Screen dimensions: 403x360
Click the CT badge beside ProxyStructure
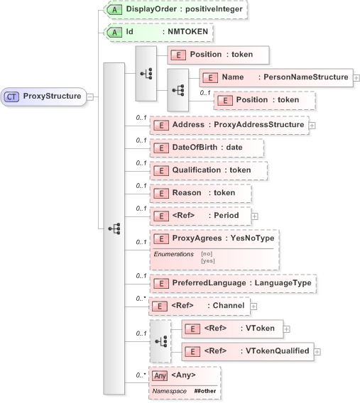13,96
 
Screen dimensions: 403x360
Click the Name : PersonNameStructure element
276,77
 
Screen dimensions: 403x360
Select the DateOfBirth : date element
207,148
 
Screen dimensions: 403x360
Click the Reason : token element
201,192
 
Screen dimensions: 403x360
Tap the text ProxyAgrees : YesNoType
223,238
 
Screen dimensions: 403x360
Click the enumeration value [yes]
208,261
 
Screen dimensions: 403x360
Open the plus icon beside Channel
253,306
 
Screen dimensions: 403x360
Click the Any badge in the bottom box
160,375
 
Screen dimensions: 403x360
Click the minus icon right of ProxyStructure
89,96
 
